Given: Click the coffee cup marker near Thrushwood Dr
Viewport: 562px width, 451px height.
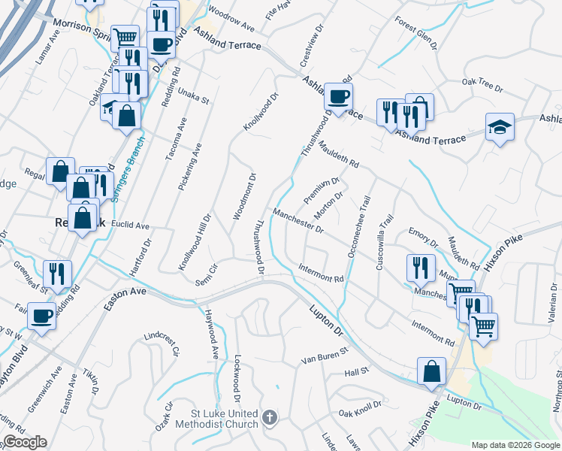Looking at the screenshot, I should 338,97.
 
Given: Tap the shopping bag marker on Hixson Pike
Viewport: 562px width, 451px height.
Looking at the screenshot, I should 431,371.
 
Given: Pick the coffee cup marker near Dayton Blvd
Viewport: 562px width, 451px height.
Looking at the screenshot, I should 41,316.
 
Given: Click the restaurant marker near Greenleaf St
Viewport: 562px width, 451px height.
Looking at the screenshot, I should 57,274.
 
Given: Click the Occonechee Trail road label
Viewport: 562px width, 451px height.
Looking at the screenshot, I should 358,228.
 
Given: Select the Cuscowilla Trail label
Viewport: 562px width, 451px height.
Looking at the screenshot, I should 385,241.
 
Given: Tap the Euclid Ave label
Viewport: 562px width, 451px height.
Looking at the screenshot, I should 131,225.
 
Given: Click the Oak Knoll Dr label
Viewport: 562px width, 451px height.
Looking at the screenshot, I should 360,413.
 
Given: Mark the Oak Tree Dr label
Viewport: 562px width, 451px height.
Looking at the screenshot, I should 482,84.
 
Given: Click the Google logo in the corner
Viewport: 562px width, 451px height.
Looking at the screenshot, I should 25,442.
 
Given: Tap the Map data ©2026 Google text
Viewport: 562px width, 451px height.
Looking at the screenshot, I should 515,444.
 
